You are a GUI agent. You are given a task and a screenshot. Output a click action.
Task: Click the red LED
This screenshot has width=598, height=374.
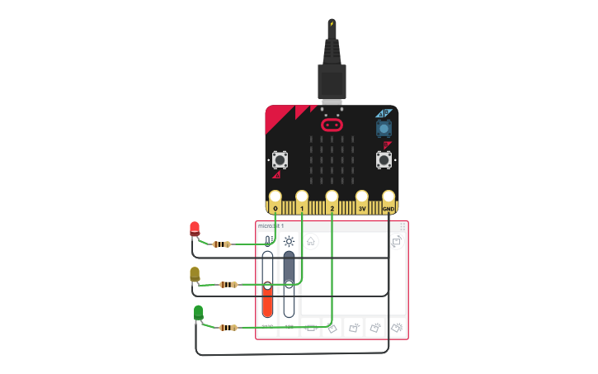pos(195,228)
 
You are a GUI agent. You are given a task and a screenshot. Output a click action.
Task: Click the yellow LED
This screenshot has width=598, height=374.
pos(195,273)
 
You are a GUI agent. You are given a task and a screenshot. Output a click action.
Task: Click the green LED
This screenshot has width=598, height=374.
pos(198,312)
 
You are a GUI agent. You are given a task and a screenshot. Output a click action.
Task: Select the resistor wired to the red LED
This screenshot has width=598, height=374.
pos(221,244)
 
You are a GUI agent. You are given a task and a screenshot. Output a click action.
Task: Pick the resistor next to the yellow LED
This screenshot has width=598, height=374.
pos(228,285)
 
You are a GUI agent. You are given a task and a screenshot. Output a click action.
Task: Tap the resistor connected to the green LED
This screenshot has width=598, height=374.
pos(228,328)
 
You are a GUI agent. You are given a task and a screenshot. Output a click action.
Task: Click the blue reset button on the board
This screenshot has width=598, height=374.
pos(384,129)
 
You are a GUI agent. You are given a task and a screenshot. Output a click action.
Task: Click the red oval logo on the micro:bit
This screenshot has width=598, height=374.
pos(332,125)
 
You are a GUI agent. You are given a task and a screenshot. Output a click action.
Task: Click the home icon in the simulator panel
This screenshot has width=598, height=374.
pos(310,241)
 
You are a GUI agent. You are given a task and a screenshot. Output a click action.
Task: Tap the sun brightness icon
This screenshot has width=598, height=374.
pos(289,241)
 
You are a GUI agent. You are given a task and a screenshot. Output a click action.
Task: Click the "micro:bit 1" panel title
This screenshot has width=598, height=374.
pos(271,225)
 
